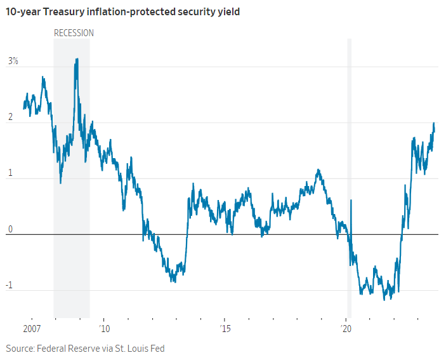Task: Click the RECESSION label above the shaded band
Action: pyautogui.click(x=74, y=33)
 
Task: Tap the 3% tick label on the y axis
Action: pyautogui.click(x=13, y=62)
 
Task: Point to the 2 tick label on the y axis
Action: pyautogui.click(x=10, y=117)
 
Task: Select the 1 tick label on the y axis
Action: pyautogui.click(x=10, y=173)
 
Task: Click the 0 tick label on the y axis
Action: pyautogui.click(x=10, y=229)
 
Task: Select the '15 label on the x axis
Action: pyautogui.click(x=225, y=329)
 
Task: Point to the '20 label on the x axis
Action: pyautogui.click(x=346, y=329)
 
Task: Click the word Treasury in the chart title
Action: pyautogui.click(x=67, y=11)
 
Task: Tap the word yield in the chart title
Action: pyautogui.click(x=226, y=11)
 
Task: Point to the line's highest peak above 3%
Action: pyautogui.click(x=77, y=59)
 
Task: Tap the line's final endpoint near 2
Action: pyautogui.click(x=434, y=123)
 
